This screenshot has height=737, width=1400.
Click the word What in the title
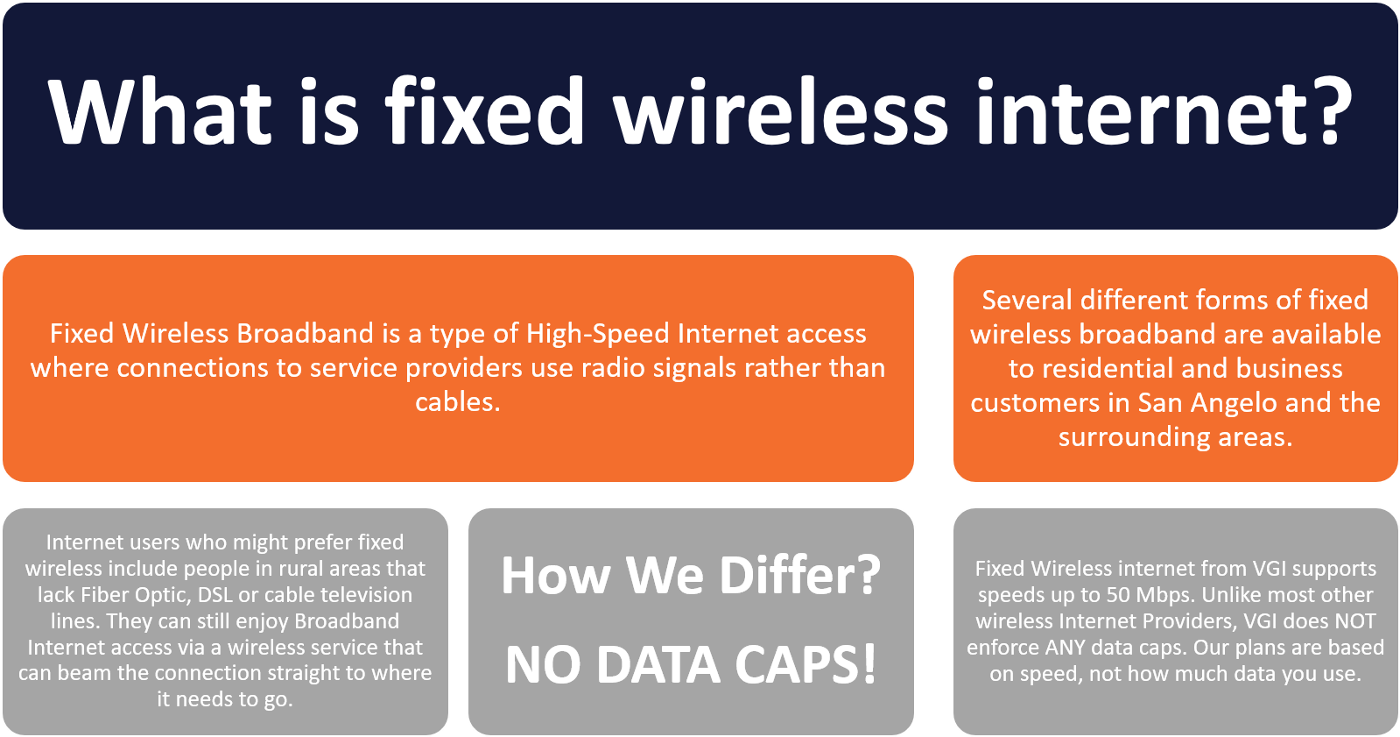click(x=159, y=113)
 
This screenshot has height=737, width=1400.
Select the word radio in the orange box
click(x=613, y=368)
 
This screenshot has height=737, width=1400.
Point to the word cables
click(x=458, y=401)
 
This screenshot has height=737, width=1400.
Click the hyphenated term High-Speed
click(x=598, y=335)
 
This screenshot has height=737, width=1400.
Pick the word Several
click(x=1027, y=301)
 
